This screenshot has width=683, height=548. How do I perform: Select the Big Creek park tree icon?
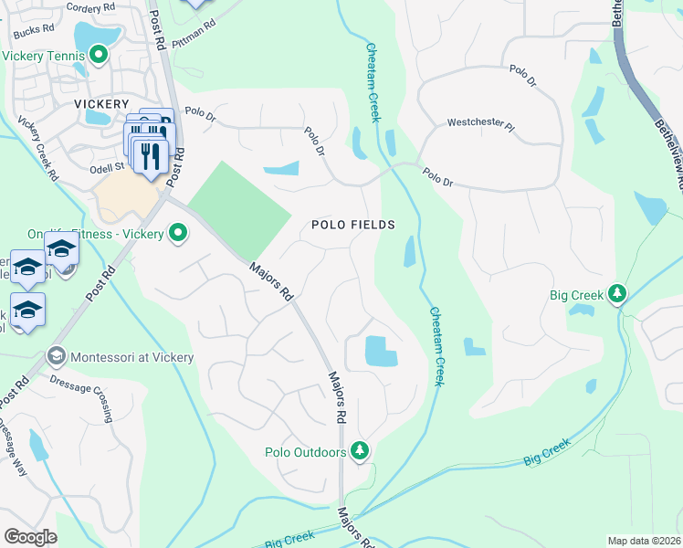(x=618, y=294)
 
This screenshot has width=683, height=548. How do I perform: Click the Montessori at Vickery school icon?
(x=56, y=356)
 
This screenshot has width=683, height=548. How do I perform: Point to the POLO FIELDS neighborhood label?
(x=353, y=224)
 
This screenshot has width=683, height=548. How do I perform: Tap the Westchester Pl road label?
(x=480, y=122)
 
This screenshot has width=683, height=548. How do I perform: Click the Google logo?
(x=31, y=536)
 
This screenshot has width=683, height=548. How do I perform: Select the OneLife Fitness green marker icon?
(x=178, y=235)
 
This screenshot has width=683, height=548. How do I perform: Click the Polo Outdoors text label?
(x=306, y=452)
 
